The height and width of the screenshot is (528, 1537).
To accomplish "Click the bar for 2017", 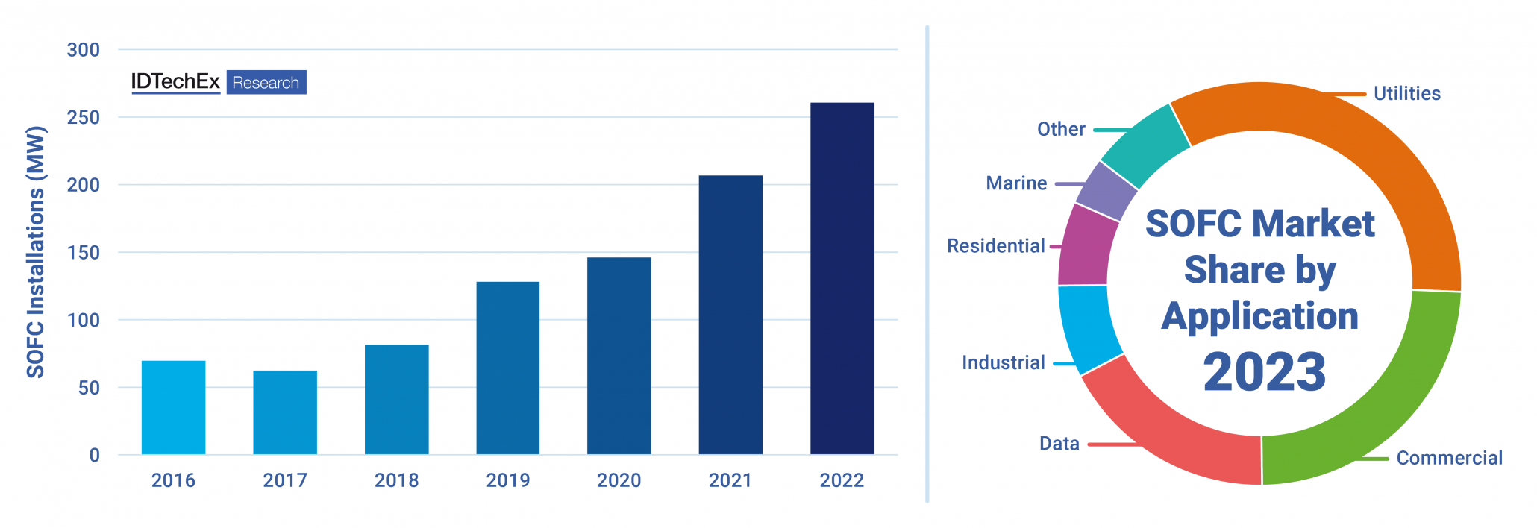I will point(285,412).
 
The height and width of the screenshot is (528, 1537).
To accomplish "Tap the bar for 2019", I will point(507,368).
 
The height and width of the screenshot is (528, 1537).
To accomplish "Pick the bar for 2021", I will point(730,315).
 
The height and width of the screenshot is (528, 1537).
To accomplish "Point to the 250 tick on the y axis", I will point(83,118).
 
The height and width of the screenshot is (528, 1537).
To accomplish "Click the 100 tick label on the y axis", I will point(83,321).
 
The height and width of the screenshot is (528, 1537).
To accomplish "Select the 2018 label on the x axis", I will point(396,480).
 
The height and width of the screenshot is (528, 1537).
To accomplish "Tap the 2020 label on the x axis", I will point(619,480).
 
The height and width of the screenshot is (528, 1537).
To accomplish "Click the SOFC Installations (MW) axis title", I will point(36,252).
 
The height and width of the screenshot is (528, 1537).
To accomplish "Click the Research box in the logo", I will point(266,83).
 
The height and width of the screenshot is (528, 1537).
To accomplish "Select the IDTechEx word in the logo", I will point(175,81).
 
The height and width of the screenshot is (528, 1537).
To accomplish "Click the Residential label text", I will point(995,246).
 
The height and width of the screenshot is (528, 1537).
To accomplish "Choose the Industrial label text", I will point(1003,363).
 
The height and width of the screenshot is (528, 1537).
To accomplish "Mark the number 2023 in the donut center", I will point(1264,372).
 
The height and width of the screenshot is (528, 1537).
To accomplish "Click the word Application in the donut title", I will point(1259,316).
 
